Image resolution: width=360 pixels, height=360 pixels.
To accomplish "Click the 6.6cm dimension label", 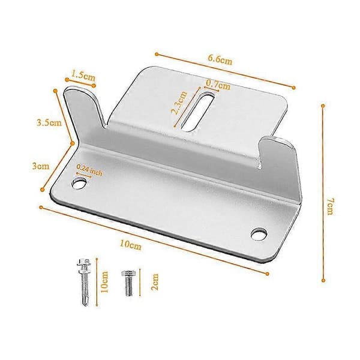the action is (220, 60).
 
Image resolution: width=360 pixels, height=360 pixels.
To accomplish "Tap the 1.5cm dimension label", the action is (83, 76).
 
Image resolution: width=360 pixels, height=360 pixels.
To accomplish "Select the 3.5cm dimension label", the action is (49, 122).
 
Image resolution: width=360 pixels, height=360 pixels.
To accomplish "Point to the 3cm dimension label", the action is (41, 166).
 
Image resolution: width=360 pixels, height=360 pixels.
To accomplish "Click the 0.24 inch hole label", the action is (89, 170).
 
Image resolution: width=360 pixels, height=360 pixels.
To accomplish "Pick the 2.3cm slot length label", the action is (179, 103).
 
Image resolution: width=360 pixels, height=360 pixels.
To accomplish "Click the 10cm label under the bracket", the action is (130, 245).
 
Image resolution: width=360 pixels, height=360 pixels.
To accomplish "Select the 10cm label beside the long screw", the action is (104, 282).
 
